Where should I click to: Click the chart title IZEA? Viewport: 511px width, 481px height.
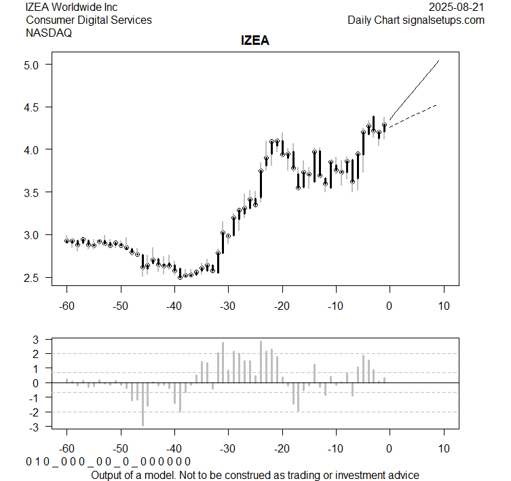pos(255,41)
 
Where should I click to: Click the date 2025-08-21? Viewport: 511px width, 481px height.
pos(457,7)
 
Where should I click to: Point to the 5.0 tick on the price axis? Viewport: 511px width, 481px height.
pos(35,65)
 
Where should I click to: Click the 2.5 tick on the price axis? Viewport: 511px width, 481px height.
pos(35,278)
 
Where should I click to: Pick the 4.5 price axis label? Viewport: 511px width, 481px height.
pos(35,107)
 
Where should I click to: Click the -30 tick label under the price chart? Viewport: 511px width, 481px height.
pos(228,306)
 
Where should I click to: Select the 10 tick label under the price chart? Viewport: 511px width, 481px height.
pos(443,306)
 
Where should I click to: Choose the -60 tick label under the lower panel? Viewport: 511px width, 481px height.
pos(67,449)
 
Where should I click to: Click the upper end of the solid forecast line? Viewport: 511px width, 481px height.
pos(439,61)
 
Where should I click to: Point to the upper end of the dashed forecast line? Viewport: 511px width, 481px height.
pos(436,105)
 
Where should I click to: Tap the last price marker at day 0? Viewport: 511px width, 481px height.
pos(384,126)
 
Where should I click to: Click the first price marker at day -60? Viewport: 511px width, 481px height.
pos(67,240)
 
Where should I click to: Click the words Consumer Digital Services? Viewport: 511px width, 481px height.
pos(89,20)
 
